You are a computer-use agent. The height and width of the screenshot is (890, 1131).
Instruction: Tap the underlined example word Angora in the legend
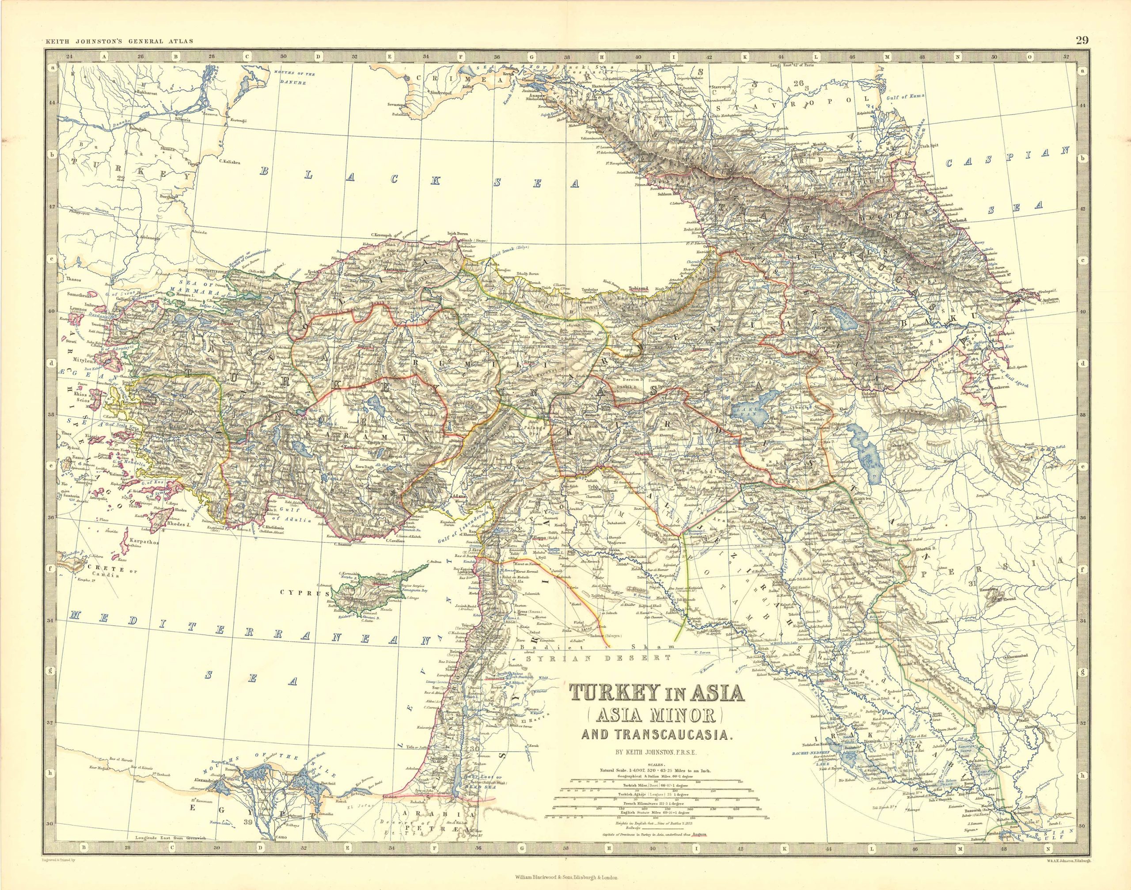pyautogui.click(x=698, y=849)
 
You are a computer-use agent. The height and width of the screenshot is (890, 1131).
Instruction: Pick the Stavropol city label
pyautogui.click(x=725, y=82)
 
